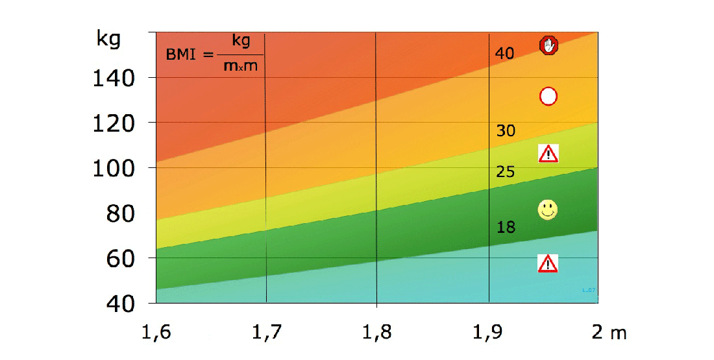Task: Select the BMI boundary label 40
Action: (x=504, y=54)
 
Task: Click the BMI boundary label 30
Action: (x=505, y=131)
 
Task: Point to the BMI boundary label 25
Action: (x=505, y=172)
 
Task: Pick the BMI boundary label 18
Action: (x=505, y=227)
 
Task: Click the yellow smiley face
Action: (x=548, y=210)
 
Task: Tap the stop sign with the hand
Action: (x=549, y=45)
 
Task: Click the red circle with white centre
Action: (x=548, y=96)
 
